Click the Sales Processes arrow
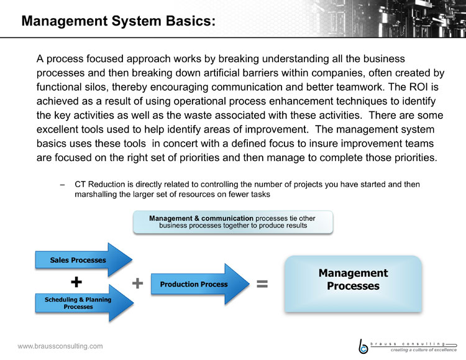(x=83, y=260)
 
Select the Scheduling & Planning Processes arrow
(x=84, y=303)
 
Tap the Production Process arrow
(x=200, y=284)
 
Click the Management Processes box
(x=353, y=284)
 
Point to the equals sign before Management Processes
(x=262, y=284)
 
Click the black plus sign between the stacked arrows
(x=76, y=282)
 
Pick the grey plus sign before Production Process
(x=137, y=283)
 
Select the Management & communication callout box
(x=233, y=222)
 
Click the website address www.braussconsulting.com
(x=60, y=346)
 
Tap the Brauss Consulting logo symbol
(x=363, y=347)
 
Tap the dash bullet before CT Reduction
(x=62, y=185)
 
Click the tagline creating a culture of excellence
(x=424, y=350)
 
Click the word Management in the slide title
(x=65, y=21)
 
